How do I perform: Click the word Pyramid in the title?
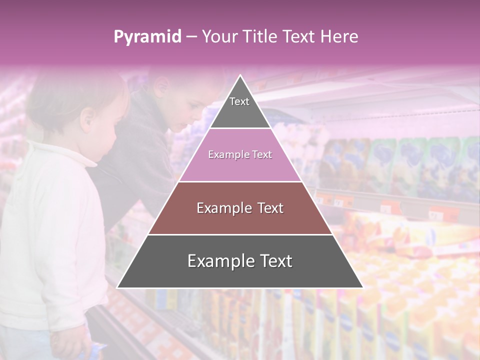pyautogui.click(x=147, y=37)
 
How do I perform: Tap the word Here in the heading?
pyautogui.click(x=339, y=36)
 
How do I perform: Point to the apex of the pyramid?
pyautogui.click(x=240, y=76)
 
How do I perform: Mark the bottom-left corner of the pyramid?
pyautogui.click(x=118, y=287)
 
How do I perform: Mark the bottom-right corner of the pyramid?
pyautogui.click(x=362, y=287)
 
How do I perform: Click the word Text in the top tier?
pyautogui.click(x=239, y=101)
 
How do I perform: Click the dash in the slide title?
pyautogui.click(x=191, y=36)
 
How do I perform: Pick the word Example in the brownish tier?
pyautogui.click(x=219, y=208)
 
